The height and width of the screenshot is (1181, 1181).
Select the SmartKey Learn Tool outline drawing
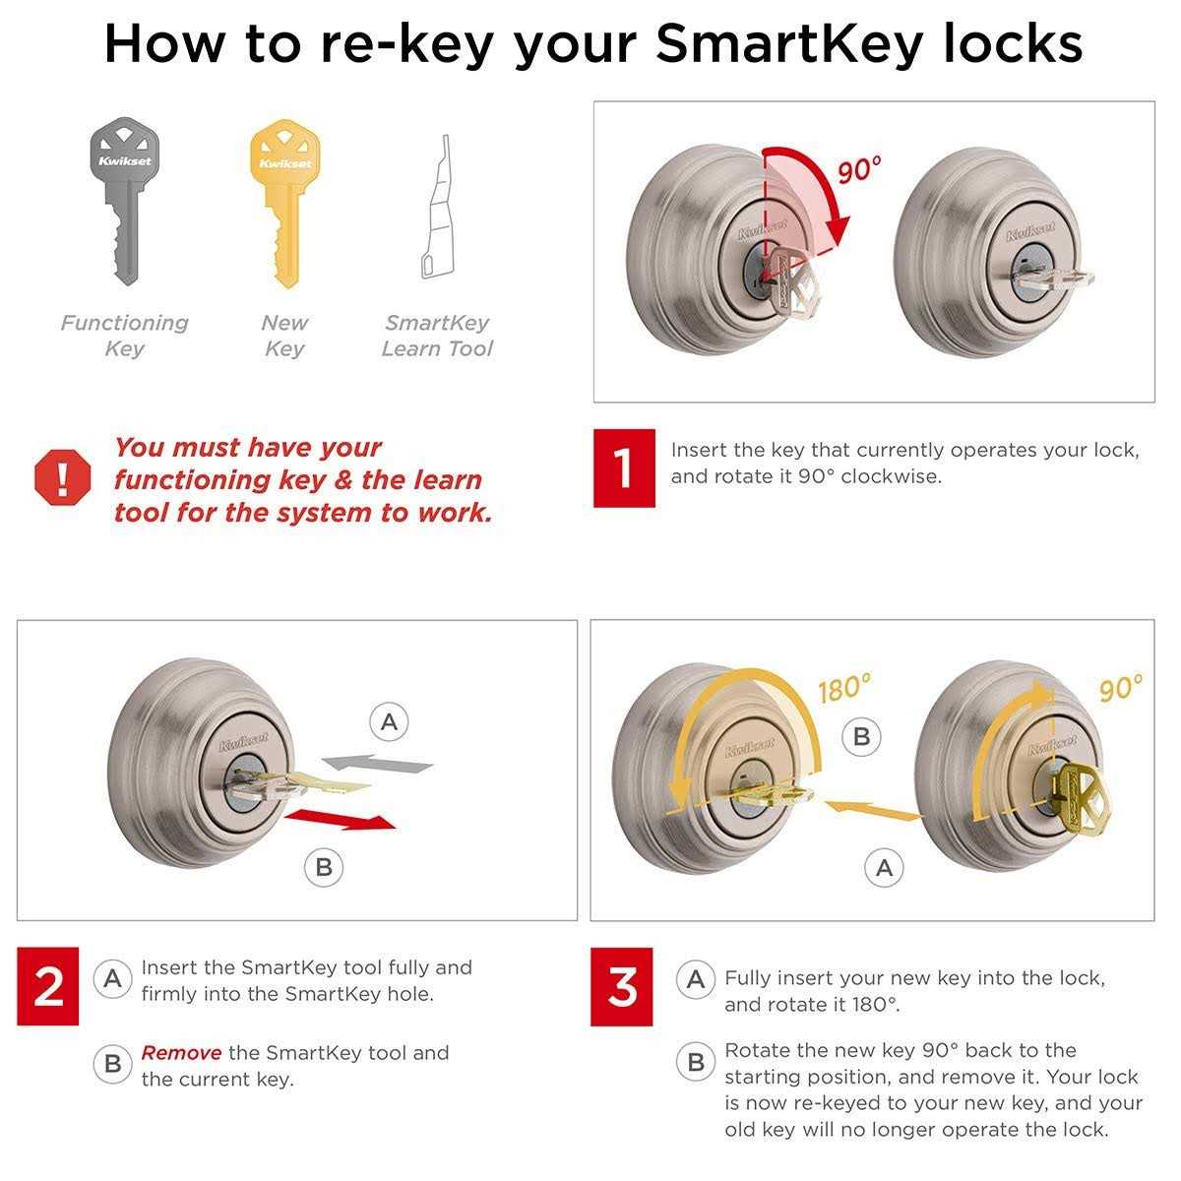[437, 212]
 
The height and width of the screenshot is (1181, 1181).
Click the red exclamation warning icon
[63, 478]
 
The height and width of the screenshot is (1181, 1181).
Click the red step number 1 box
[624, 467]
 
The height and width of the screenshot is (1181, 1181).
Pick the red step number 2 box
[48, 986]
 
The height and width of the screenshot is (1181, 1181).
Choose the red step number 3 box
[622, 986]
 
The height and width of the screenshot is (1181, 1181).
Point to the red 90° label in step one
[859, 170]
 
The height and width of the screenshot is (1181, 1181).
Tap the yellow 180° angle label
[844, 688]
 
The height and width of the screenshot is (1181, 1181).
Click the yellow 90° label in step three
[1121, 687]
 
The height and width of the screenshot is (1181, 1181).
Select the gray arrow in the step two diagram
[378, 763]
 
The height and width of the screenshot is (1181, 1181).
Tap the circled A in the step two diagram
[390, 723]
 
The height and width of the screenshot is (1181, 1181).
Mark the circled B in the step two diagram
[324, 868]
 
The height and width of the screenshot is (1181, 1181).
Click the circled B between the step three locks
[862, 736]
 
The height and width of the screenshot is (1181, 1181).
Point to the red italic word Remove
[181, 1053]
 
